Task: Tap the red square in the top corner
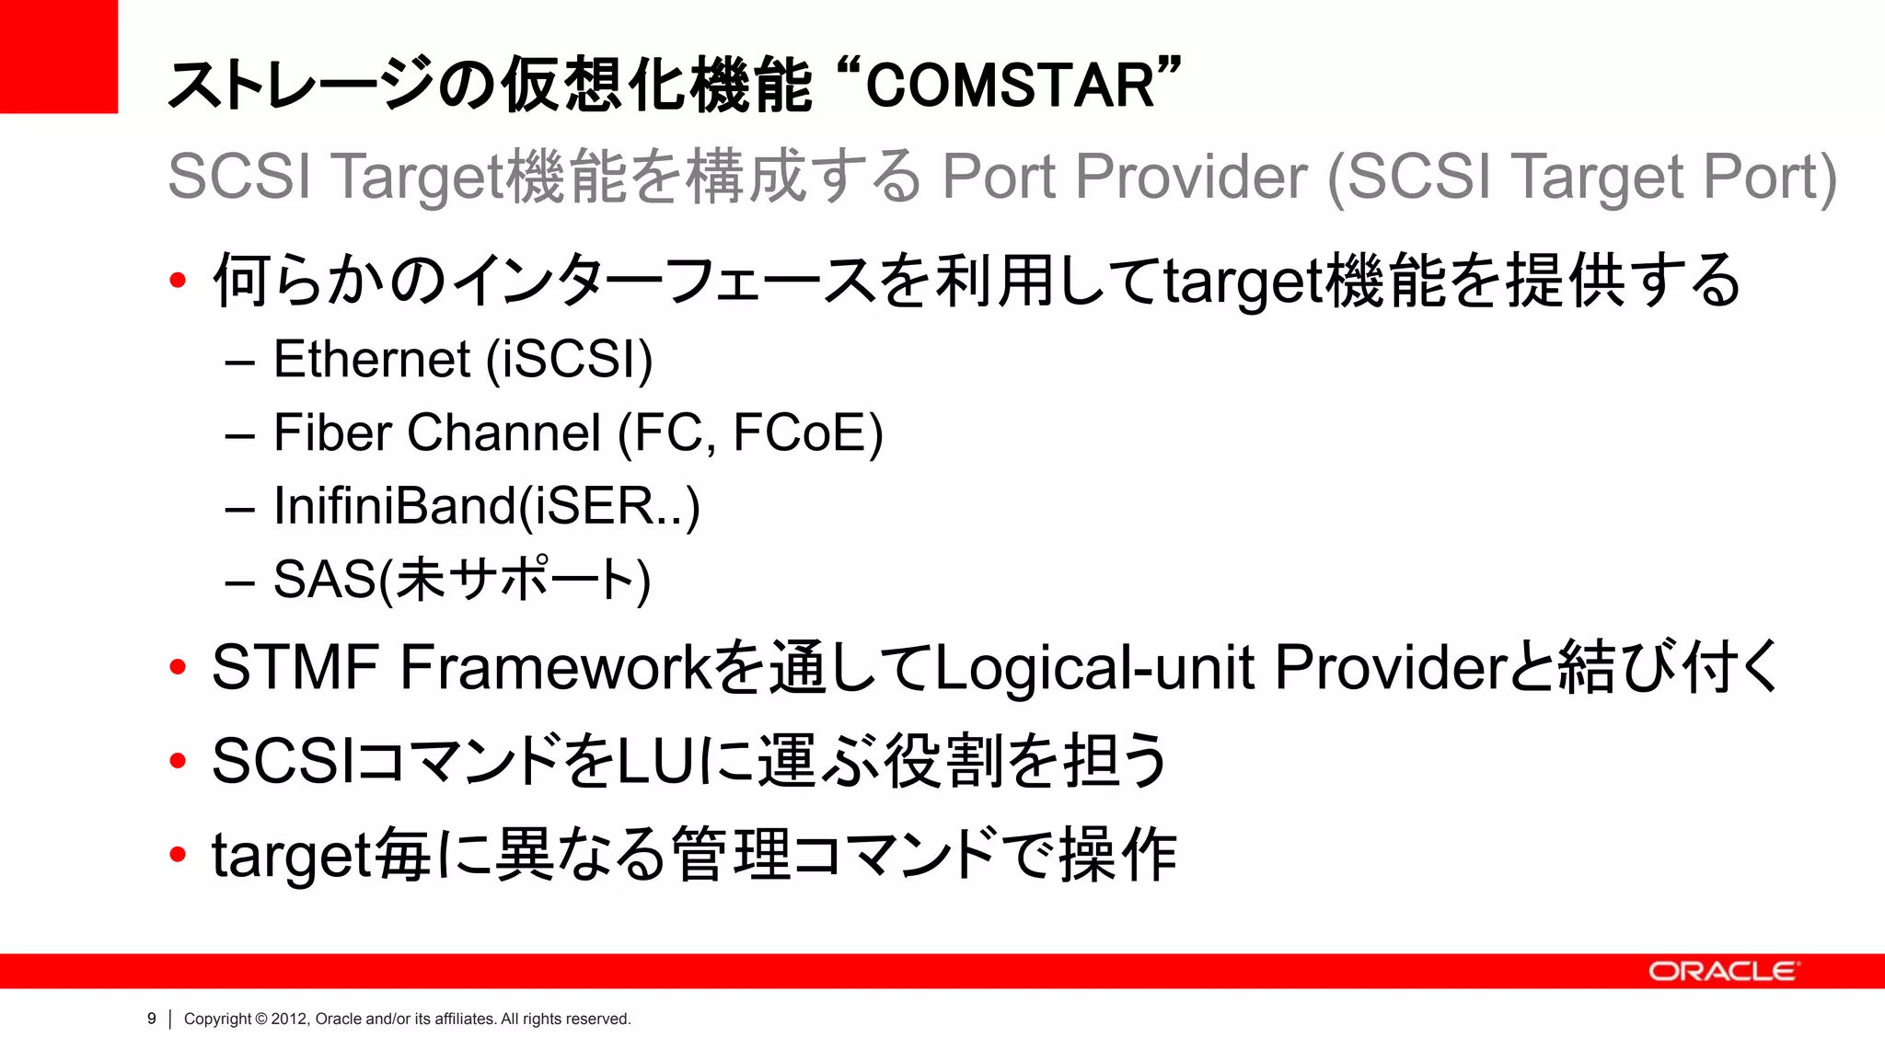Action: click(x=58, y=56)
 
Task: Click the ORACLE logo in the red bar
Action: click(x=1722, y=972)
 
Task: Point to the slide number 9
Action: click(x=152, y=1019)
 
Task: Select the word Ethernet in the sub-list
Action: click(x=372, y=359)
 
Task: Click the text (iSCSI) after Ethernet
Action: click(x=569, y=359)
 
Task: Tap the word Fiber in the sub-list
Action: click(x=332, y=432)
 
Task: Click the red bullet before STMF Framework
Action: click(x=178, y=668)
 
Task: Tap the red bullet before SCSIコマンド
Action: click(x=178, y=762)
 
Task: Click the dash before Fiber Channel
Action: click(x=239, y=435)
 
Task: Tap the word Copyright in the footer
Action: click(x=217, y=1019)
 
